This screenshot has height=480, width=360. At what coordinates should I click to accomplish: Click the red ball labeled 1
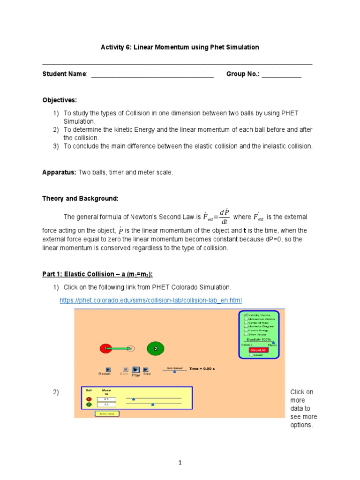[x=106, y=349]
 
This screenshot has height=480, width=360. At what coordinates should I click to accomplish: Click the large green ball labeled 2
[x=156, y=349]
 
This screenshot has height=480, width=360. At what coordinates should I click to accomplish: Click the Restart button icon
[x=108, y=369]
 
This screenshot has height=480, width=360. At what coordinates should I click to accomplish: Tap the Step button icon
[x=146, y=369]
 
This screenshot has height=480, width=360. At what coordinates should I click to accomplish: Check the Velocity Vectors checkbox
[x=246, y=315]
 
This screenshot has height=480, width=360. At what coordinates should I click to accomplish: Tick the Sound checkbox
[x=251, y=355]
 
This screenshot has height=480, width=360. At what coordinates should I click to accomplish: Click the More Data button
[x=107, y=413]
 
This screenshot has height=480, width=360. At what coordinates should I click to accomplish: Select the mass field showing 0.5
[x=106, y=399]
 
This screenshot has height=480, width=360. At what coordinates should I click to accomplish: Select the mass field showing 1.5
[x=106, y=404]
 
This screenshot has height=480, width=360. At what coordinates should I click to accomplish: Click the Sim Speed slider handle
[x=175, y=371]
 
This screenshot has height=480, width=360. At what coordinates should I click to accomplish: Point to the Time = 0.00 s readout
[x=202, y=369]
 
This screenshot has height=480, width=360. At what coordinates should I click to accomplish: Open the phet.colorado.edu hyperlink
[x=151, y=300]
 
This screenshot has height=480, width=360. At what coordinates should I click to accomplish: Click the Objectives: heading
[x=60, y=100]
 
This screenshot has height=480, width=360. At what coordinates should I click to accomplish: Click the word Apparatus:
[x=59, y=172]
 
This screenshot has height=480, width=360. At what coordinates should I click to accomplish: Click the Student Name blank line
[x=152, y=75]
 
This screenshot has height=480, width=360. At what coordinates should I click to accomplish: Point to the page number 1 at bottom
[x=180, y=463]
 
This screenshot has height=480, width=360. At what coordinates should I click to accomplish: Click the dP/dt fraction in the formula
[x=224, y=217]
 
